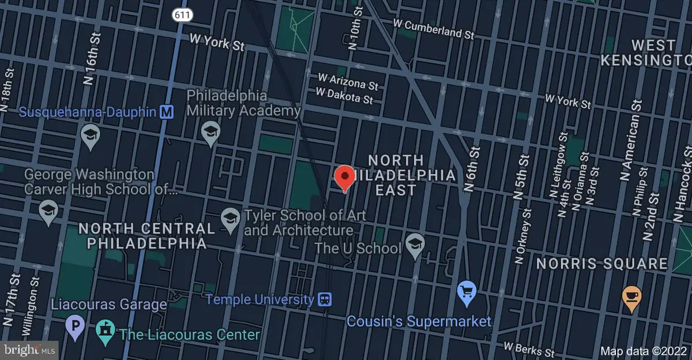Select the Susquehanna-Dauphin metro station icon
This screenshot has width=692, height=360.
coord(167,111)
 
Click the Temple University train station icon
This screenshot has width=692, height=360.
coord(325,299)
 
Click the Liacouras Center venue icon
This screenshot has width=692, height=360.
coord(106,334)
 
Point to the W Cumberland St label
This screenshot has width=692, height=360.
coord(433,29)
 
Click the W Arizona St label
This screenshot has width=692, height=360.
coord(349,81)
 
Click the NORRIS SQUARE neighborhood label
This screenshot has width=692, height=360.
coord(602,264)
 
